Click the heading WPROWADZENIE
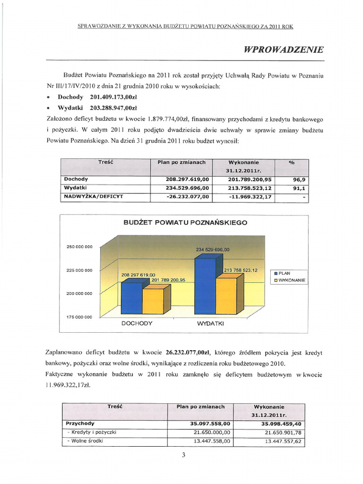pyautogui.click(x=284, y=50)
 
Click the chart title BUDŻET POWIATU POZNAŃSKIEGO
pyautogui.click(x=185, y=222)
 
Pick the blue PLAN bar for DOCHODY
pyautogui.click(x=131, y=298)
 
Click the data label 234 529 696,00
pyautogui.click(x=212, y=250)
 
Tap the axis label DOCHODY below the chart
pyautogui.click(x=137, y=323)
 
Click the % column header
pyautogui.click(x=291, y=163)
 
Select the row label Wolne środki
pyautogui.click(x=86, y=441)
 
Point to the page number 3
pyautogui.click(x=183, y=455)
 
